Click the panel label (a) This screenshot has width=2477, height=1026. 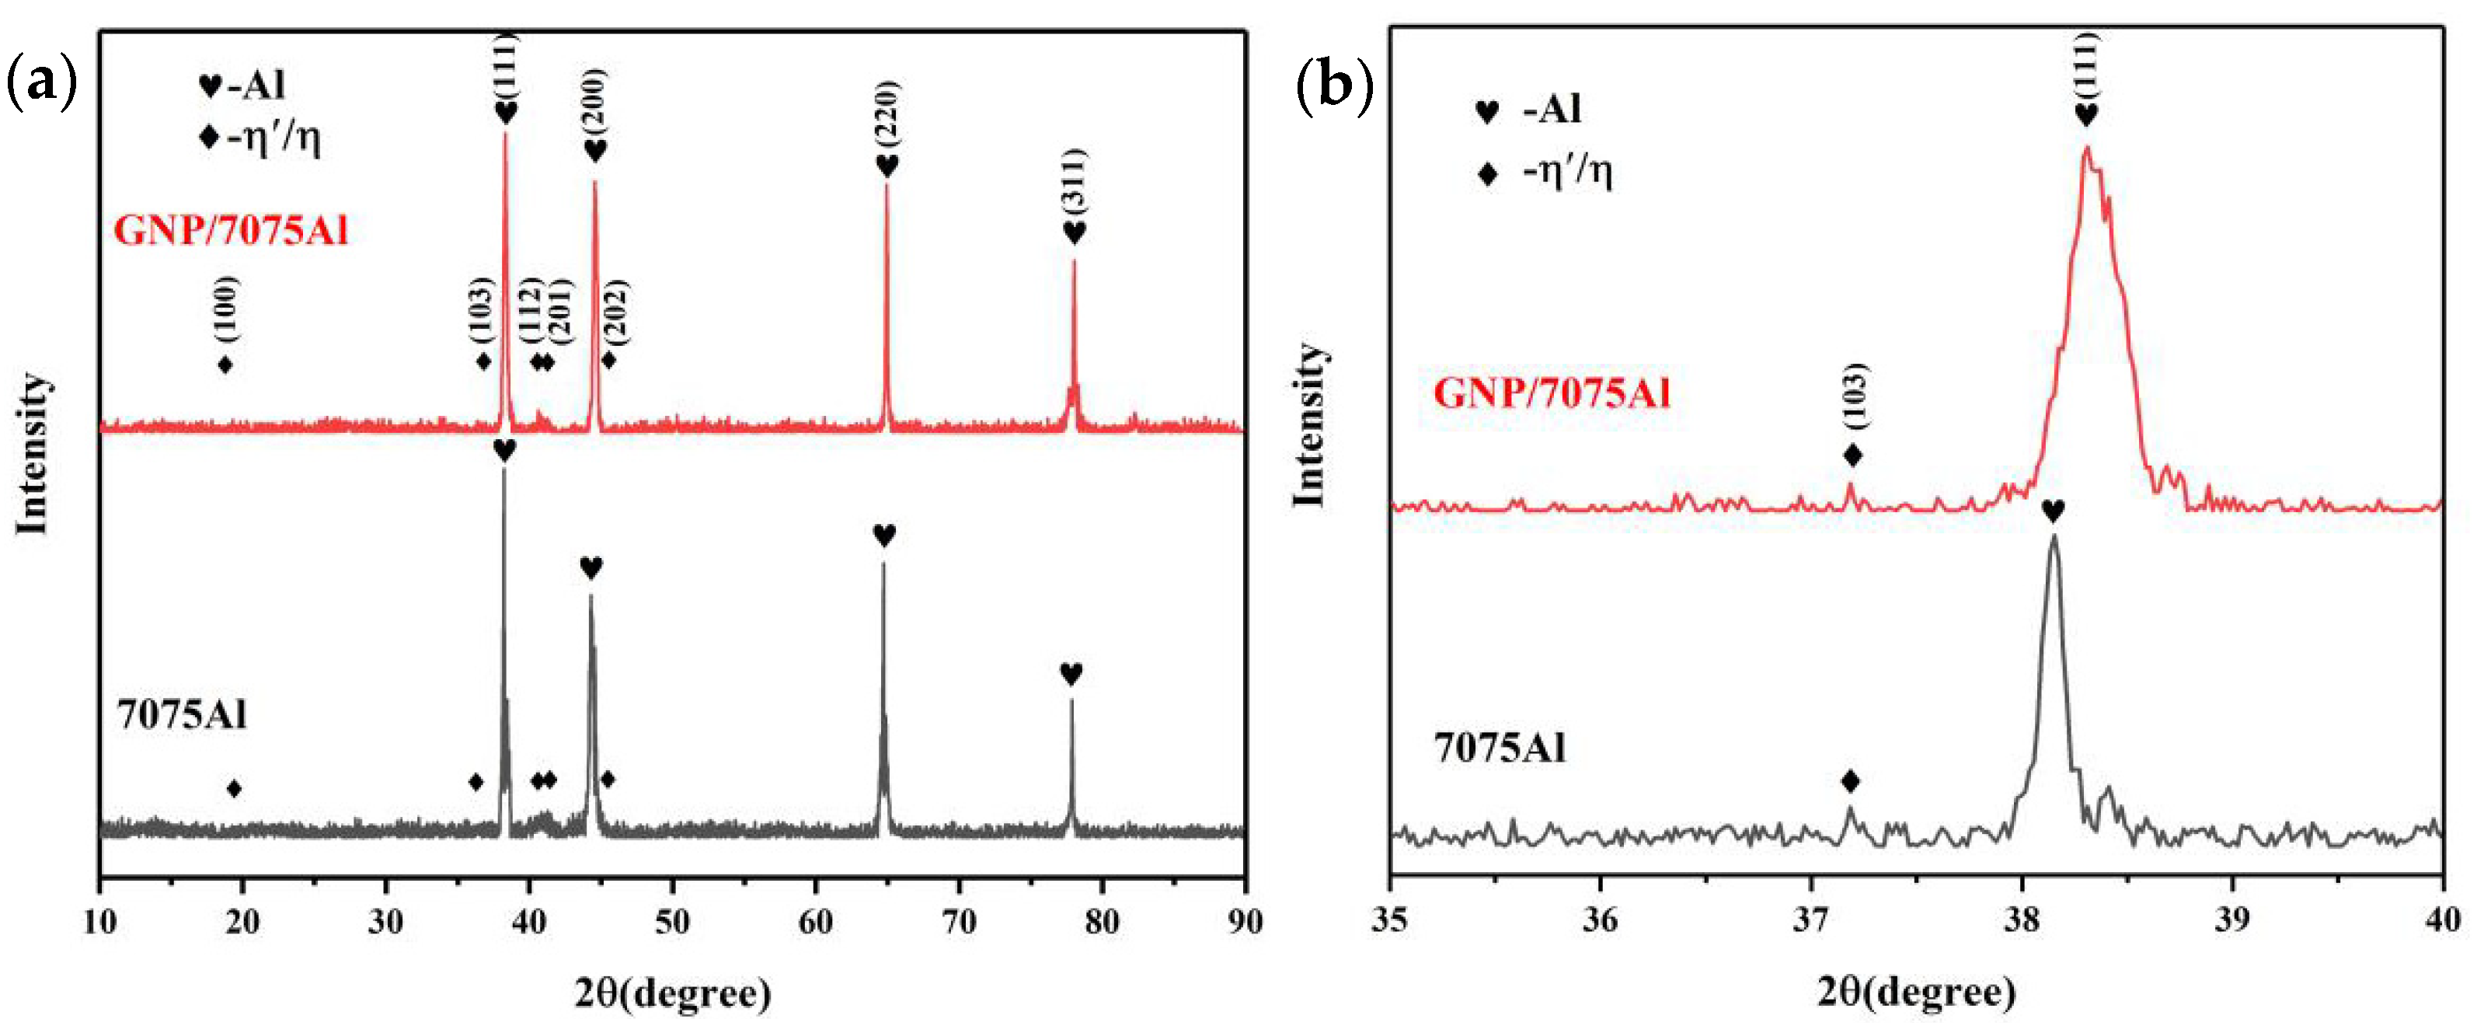click(40, 85)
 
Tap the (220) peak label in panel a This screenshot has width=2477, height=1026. click(887, 113)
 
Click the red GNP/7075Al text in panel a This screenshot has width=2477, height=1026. click(231, 231)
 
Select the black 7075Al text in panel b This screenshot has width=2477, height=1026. click(1500, 748)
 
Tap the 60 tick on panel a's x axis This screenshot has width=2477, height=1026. click(815, 921)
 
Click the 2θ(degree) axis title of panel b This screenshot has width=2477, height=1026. click(1915, 990)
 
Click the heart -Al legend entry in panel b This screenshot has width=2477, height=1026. click(1529, 110)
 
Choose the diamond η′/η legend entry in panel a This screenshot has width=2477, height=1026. click(260, 138)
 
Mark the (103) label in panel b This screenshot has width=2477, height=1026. click(1855, 394)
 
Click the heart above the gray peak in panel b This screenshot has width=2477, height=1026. click(2052, 511)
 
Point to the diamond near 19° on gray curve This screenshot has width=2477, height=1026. click(234, 788)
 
